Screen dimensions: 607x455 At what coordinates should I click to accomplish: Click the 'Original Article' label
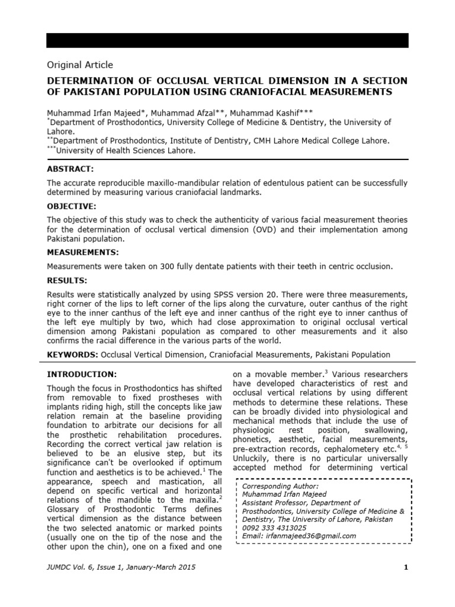[79, 65]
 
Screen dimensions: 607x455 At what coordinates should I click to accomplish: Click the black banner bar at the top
[227, 40]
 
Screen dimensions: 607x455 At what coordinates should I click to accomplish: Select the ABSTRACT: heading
[71, 169]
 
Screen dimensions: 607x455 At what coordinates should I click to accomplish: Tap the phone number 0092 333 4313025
[275, 528]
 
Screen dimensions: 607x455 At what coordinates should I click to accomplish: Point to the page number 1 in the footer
[406, 568]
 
